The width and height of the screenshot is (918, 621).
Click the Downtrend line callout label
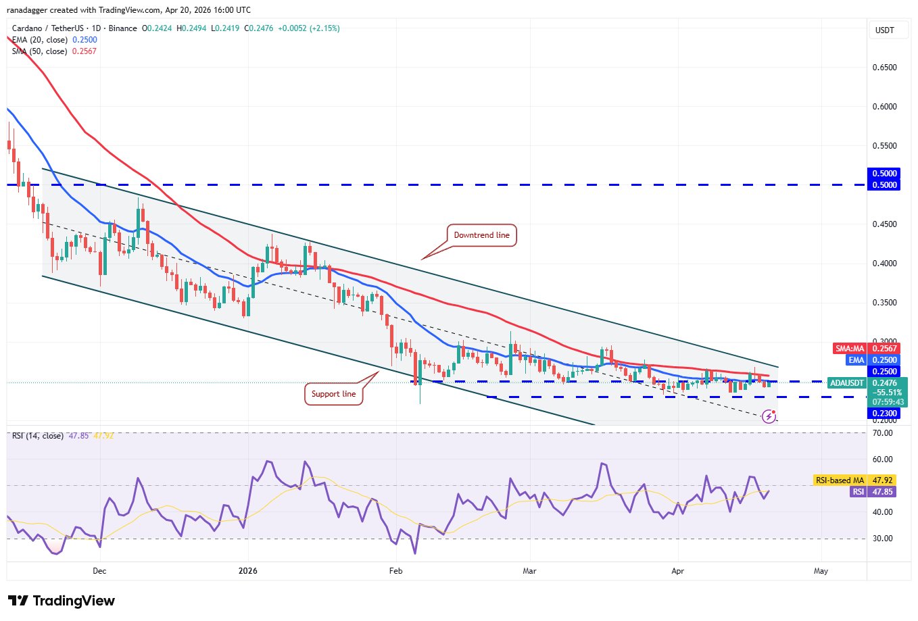tap(481, 235)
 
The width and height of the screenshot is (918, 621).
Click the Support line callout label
tap(333, 394)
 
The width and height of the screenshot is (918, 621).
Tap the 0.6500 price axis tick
tap(884, 68)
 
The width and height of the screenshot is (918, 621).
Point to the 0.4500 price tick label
tap(884, 224)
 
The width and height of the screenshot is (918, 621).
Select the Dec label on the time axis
tap(99, 571)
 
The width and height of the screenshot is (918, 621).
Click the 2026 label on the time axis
tap(248, 571)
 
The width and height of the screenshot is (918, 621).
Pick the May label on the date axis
tap(821, 571)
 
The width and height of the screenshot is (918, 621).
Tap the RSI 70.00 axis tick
tap(882, 433)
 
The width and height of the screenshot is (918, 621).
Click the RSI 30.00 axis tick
tap(882, 539)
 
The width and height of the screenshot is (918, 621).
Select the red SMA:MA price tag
tap(850, 349)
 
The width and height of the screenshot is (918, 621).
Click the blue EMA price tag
tap(856, 360)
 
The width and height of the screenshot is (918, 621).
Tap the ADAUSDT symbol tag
tap(847, 383)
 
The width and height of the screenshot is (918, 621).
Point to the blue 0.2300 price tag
tap(884, 414)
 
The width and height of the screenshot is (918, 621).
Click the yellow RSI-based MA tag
tap(840, 480)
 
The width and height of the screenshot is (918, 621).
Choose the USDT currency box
tap(885, 30)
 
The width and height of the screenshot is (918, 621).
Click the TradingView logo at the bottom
tap(62, 601)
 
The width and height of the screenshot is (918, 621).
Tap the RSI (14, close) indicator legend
tap(38, 436)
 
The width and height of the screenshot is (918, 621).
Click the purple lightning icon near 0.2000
tap(769, 416)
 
